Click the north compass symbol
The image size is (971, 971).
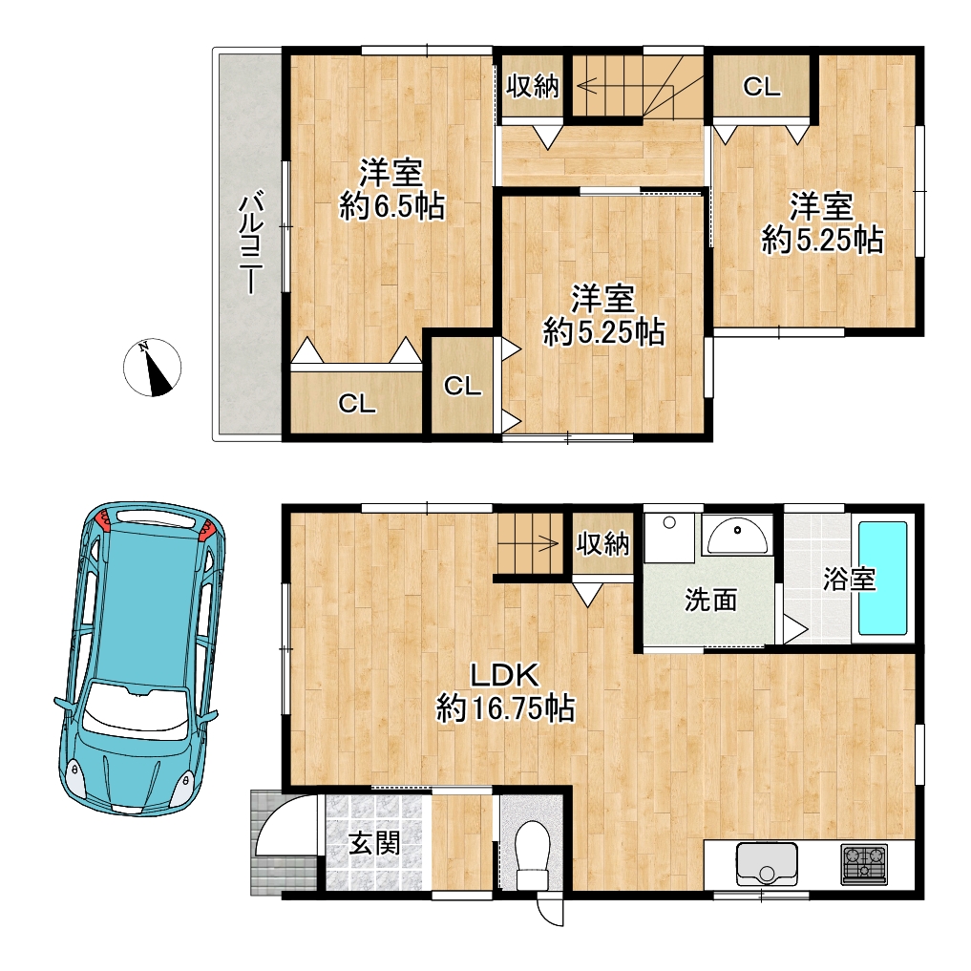click(x=153, y=368)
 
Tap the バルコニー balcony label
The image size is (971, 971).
click(x=252, y=243)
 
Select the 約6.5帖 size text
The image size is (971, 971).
click(x=392, y=206)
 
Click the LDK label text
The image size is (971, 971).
click(x=504, y=674)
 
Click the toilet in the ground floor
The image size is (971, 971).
click(x=532, y=855)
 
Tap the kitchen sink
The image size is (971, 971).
click(x=767, y=863)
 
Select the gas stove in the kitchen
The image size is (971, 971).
click(x=864, y=863)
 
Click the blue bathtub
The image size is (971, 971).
click(x=883, y=578)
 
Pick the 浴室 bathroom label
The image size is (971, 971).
click(x=849, y=579)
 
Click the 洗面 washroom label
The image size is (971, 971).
click(x=710, y=600)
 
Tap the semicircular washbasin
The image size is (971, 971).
click(x=737, y=536)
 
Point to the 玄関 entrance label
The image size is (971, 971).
click(x=374, y=843)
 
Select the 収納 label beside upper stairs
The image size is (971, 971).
click(x=533, y=86)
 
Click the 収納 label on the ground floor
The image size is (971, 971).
click(x=602, y=543)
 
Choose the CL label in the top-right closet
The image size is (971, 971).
click(x=762, y=87)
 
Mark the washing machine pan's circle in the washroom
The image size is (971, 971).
click(x=668, y=522)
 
